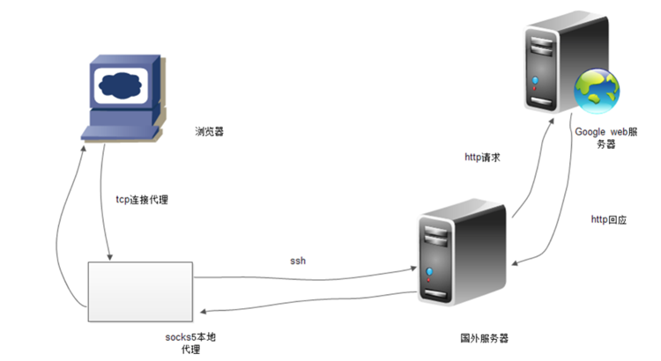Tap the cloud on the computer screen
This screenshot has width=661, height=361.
coord(121,86)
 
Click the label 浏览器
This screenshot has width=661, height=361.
coord(210,132)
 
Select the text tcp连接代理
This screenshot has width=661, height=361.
coord(142,200)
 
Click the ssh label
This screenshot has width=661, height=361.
coord(298,262)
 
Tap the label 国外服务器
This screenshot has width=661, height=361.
coord(485,338)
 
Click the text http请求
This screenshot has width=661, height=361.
coord(483,158)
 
